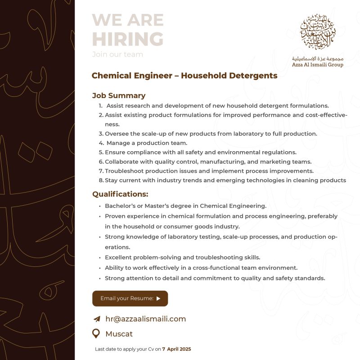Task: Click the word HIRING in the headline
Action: pyautogui.click(x=127, y=39)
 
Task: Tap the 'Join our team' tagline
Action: pyautogui.click(x=117, y=54)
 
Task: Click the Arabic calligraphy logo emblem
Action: pyautogui.click(x=323, y=31)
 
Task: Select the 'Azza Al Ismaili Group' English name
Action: pyautogui.click(x=317, y=65)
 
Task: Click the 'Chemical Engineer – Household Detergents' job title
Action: pyautogui.click(x=184, y=76)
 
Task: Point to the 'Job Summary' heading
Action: pyautogui.click(x=119, y=95)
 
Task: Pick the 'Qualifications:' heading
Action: pyautogui.click(x=120, y=194)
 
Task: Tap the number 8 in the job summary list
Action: pyautogui.click(x=101, y=180)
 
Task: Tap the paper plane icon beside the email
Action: pyautogui.click(x=96, y=319)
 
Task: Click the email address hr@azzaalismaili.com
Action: pyautogui.click(x=145, y=319)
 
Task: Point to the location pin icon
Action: pyautogui.click(x=96, y=333)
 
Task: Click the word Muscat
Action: pyautogui.click(x=119, y=334)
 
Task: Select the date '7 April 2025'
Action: pyautogui.click(x=176, y=349)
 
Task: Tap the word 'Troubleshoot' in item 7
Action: pyautogui.click(x=125, y=171)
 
